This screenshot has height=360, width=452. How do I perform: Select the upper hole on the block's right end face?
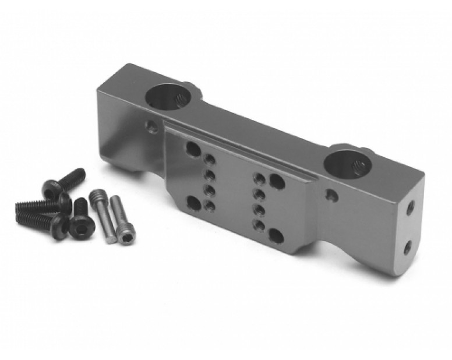(x=411, y=207)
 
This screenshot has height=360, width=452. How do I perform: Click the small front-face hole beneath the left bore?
(x=151, y=126)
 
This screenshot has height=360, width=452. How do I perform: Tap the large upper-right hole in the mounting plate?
(x=277, y=182)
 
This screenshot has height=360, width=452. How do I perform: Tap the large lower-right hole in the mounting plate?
(x=276, y=235)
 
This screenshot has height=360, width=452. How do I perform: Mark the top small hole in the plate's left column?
(x=210, y=159)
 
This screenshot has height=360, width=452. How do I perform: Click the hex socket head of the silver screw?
(x=127, y=237)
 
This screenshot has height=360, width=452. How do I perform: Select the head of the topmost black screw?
(x=50, y=189)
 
